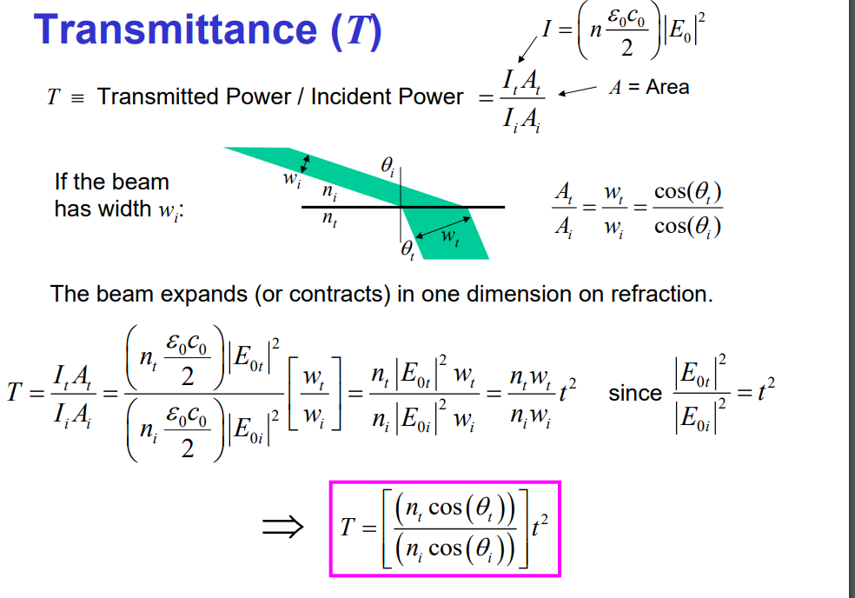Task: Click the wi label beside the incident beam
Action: (291, 182)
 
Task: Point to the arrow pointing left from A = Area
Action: (578, 90)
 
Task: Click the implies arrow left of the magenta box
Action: (283, 525)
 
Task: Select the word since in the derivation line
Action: (634, 393)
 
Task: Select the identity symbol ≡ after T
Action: (78, 96)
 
